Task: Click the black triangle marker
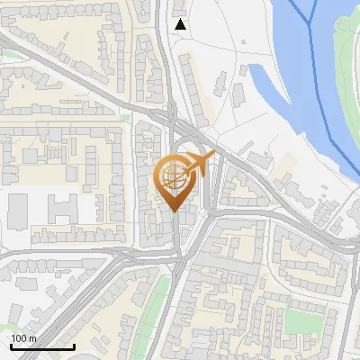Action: tap(181, 24)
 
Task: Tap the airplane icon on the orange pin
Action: tap(200, 164)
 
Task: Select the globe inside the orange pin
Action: tap(174, 176)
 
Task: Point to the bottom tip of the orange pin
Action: tap(175, 211)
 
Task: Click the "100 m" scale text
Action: tap(23, 338)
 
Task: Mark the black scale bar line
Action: tap(42, 346)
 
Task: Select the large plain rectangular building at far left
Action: tap(18, 211)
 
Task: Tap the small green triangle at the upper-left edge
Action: tap(4, 54)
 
